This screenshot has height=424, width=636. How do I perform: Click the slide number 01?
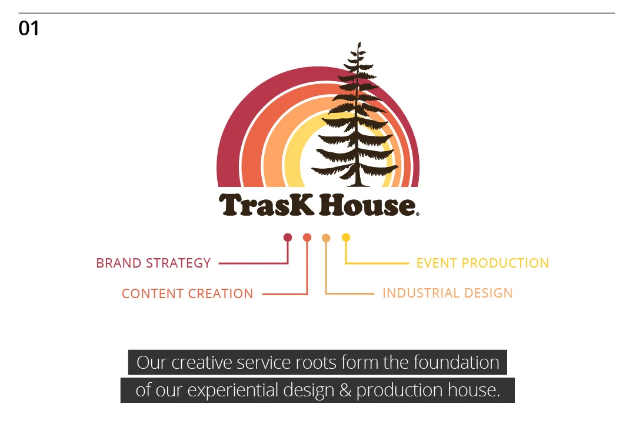pyautogui.click(x=29, y=28)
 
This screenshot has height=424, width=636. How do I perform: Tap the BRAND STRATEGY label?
pyautogui.click(x=153, y=263)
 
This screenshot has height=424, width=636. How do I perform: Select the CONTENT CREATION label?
pyautogui.click(x=187, y=293)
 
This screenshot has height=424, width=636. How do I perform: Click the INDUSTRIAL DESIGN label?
pyautogui.click(x=447, y=293)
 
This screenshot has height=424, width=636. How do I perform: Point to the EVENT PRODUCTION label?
pyautogui.click(x=482, y=263)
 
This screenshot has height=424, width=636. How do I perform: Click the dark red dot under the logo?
pyautogui.click(x=288, y=238)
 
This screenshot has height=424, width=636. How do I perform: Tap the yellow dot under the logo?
pyautogui.click(x=346, y=238)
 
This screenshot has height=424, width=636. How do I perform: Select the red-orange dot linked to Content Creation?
pyautogui.click(x=307, y=238)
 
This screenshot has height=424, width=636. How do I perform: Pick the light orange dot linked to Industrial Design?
pyautogui.click(x=327, y=238)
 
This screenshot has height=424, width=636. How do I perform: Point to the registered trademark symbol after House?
pyautogui.click(x=418, y=215)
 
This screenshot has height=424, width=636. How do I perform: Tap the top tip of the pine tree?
pyautogui.click(x=359, y=44)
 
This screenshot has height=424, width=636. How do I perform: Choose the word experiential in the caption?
pyautogui.click(x=227, y=390)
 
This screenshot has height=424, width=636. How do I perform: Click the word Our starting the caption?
pyautogui.click(x=151, y=362)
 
